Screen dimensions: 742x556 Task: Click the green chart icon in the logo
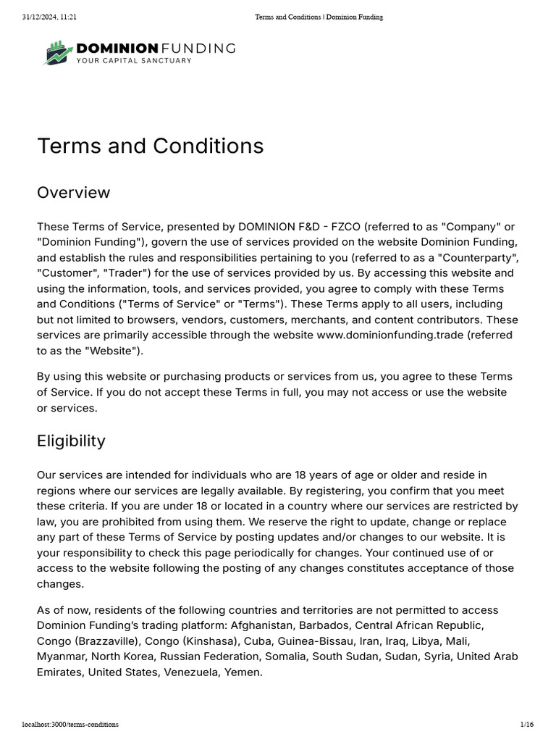click(x=57, y=53)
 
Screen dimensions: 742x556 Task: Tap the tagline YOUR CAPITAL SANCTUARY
click(x=134, y=61)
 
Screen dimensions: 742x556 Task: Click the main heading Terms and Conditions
click(x=151, y=146)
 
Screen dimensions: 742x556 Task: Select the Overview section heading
click(x=74, y=193)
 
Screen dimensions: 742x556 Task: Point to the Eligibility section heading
click(x=71, y=441)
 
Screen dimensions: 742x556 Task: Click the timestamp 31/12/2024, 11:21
click(x=49, y=17)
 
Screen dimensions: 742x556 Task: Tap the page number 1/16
click(x=526, y=724)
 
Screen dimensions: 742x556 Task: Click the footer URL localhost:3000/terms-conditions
click(x=70, y=724)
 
